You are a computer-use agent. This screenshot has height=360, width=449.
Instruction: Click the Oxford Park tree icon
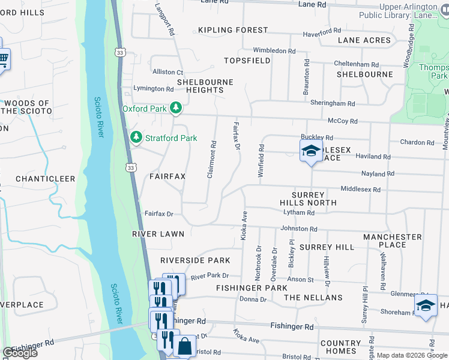tap(176, 109)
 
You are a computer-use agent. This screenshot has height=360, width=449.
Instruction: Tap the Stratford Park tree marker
tap(136, 138)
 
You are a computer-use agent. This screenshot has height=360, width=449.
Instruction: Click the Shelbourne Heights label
tap(200, 85)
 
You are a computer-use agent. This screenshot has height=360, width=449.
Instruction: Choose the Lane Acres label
tap(364, 40)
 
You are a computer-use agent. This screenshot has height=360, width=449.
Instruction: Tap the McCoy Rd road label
tap(343, 121)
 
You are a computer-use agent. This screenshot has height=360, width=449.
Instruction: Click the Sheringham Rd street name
tap(333, 103)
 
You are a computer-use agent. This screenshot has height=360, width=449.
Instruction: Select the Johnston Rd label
tap(299, 229)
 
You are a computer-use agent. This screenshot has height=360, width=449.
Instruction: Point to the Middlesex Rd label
tap(361, 189)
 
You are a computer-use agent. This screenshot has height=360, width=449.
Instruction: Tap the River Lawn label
tap(158, 234)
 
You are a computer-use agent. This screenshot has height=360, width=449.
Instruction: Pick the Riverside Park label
tap(195, 260)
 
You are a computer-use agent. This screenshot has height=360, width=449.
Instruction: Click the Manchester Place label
tap(393, 241)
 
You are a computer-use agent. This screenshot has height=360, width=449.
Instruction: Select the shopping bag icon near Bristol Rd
tap(184, 346)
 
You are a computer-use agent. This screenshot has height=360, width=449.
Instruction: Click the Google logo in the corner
tap(20, 353)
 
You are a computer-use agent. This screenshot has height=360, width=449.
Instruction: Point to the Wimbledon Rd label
tap(274, 51)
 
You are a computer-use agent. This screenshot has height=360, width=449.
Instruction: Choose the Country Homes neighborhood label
tap(340, 347)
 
